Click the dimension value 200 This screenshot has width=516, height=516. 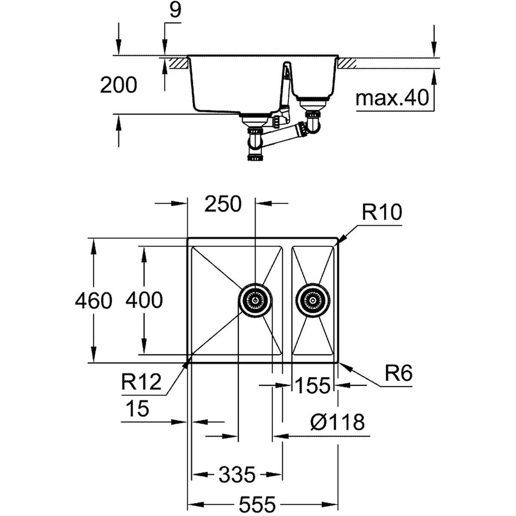pos(118,85)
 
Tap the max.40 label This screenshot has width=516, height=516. pos(393,99)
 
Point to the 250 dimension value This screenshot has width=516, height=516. pos(223,205)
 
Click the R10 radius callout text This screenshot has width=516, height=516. pos(381,212)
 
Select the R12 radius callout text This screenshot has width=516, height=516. pos(141,381)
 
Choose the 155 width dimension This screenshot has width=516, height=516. pos(313,385)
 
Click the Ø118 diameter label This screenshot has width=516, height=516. pos(337,423)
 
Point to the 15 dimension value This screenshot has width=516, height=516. pos(137,408)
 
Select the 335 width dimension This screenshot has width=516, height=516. pos(237,475)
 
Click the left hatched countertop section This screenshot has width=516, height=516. pos(179,63)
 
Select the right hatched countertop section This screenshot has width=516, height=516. pos(347,63)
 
